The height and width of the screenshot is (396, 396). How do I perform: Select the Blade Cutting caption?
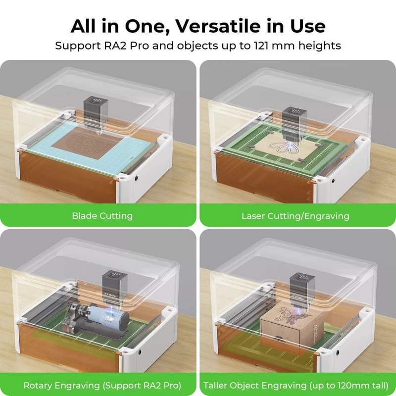(x=102, y=216)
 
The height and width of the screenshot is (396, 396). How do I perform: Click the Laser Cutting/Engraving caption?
(x=295, y=216)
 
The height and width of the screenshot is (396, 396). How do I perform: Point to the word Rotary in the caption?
(x=38, y=385)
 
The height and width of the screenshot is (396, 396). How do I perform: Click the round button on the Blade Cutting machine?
(x=137, y=178)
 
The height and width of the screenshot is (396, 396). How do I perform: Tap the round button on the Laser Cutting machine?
(x=333, y=177)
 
